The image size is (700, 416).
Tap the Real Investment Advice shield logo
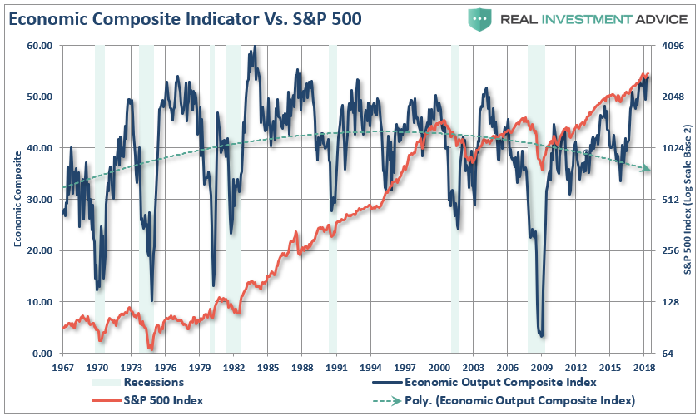click(x=479, y=18)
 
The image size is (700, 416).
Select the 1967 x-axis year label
click(x=63, y=367)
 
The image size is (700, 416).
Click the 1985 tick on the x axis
click(x=268, y=367)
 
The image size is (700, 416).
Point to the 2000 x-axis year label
click(x=439, y=367)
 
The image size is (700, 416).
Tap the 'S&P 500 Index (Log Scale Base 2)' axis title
click(x=688, y=199)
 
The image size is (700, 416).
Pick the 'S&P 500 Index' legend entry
click(x=163, y=400)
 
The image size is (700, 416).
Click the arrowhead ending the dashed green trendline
click(x=647, y=169)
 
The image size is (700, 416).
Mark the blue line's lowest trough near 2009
click(x=542, y=335)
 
